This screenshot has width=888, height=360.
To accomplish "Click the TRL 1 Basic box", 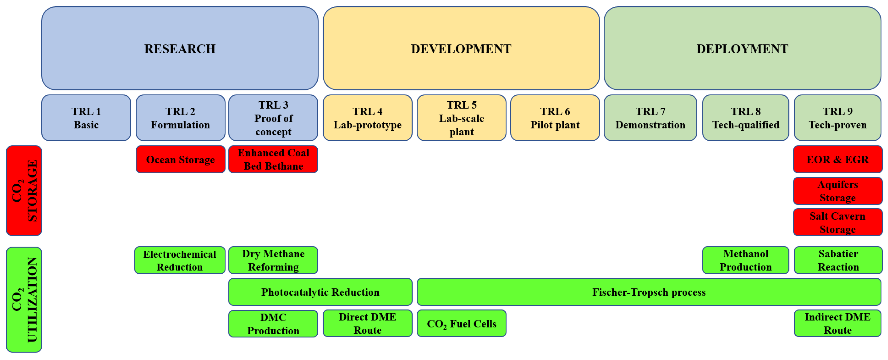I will point(86,118).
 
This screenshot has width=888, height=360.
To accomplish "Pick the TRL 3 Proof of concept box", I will point(273,118).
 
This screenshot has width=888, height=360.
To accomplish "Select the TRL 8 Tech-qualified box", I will point(746,118).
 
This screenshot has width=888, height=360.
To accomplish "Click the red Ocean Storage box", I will point(180,159).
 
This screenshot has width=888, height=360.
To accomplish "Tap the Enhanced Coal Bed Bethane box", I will point(273,159).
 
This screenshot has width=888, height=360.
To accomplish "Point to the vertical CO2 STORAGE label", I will point(24,191).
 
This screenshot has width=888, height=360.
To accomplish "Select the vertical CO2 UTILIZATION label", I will point(24,299).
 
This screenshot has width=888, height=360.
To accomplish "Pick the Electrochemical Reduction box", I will point(180,260).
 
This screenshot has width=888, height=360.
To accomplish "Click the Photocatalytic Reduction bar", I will point(320,292).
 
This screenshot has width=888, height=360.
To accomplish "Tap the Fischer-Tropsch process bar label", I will point(649,292).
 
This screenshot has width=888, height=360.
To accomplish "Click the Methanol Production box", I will point(746,260).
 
